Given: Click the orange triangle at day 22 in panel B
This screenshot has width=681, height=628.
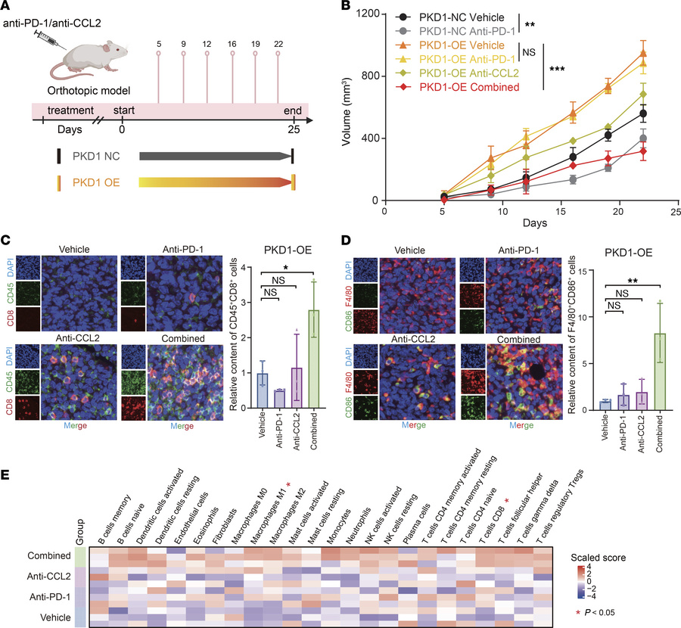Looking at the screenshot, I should [x=643, y=54].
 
